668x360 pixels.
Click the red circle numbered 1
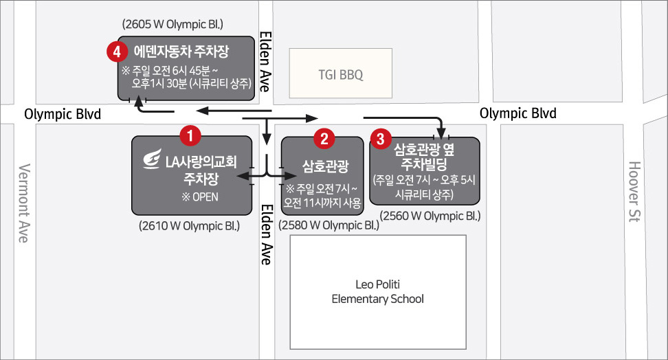190,135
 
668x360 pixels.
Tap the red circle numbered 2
324,139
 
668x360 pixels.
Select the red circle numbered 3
381,139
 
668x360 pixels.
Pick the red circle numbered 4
117,52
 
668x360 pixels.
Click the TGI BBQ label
341,75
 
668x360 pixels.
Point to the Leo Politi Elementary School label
377,291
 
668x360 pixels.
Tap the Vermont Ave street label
24,203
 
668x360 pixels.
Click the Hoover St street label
634,192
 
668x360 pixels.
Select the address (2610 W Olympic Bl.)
189,226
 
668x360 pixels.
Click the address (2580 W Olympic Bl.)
329,225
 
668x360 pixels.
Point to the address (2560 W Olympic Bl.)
430,216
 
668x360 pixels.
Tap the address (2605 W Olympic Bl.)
172,24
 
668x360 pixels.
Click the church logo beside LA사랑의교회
152,159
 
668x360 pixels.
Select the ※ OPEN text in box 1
200,196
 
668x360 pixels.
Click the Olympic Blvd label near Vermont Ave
63,114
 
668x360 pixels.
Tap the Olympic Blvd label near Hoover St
518,113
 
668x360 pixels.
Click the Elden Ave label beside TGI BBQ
265,61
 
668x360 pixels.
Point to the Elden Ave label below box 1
266,234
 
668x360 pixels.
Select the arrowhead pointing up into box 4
138,102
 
